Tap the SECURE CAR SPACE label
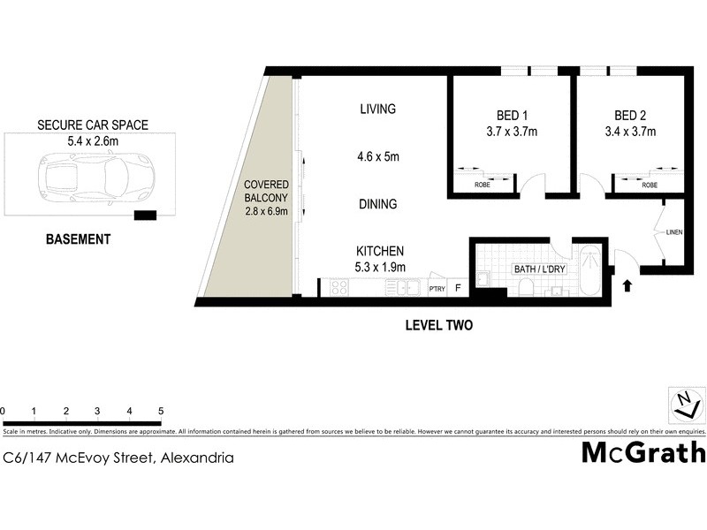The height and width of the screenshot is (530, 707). click(93, 125)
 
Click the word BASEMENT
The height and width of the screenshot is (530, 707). click(80, 239)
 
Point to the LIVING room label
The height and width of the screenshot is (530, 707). click(377, 110)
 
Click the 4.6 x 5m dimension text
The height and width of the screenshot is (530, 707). click(378, 158)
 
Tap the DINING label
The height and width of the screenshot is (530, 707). click(377, 204)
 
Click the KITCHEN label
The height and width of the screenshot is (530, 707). click(380, 251)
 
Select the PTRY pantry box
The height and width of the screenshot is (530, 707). click(437, 288)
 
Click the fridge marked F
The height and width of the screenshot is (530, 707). click(458, 287)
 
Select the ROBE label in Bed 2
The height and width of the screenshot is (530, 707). click(650, 185)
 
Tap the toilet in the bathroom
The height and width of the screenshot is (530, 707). click(525, 286)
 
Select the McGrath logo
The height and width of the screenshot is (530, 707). click(643, 452)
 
